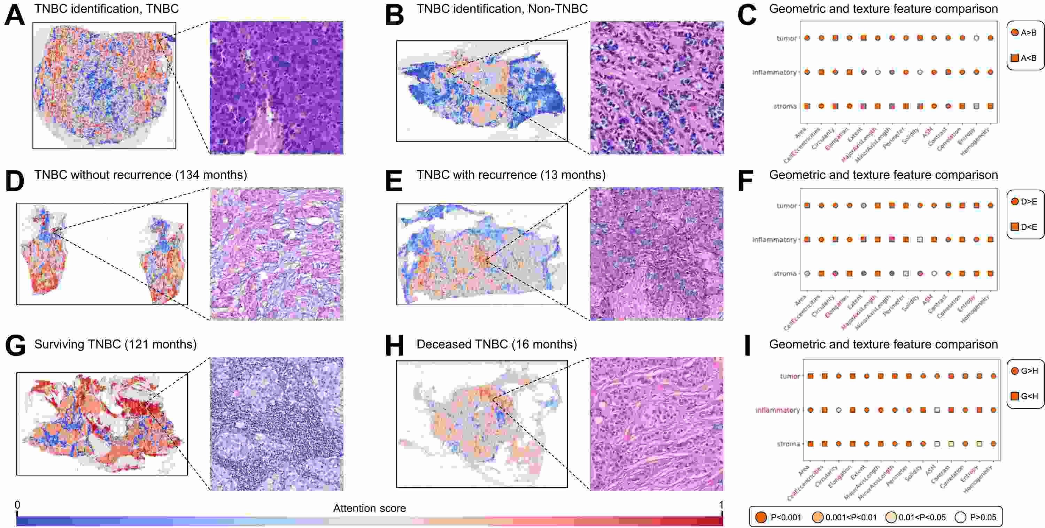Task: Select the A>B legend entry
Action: tap(1024, 32)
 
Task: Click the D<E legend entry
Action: tap(1024, 227)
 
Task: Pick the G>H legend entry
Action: tap(1024, 370)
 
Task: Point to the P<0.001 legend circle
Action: tap(761, 517)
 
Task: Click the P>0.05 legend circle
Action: tap(960, 517)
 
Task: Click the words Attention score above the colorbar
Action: tap(369, 508)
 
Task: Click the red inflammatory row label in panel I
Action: tap(777, 410)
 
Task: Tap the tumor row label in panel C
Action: tap(787, 38)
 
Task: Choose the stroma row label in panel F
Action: tap(785, 274)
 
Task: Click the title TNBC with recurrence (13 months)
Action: tap(511, 175)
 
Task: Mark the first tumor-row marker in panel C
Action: tap(807, 38)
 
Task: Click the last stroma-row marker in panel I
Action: tap(993, 444)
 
